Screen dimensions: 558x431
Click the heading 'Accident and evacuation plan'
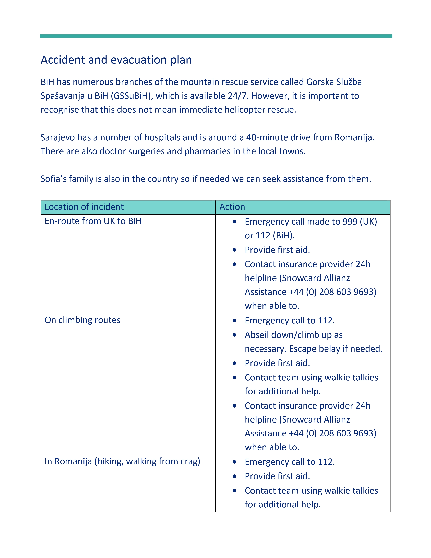(116, 60)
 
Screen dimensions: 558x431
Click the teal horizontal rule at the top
(216, 36)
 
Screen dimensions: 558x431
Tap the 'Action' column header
(232, 207)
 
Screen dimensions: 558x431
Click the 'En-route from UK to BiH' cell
(93, 221)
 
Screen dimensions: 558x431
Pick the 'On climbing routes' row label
(82, 320)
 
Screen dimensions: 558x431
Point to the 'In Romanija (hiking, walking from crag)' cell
(122, 461)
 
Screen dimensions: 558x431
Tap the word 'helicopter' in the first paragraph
(245, 110)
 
